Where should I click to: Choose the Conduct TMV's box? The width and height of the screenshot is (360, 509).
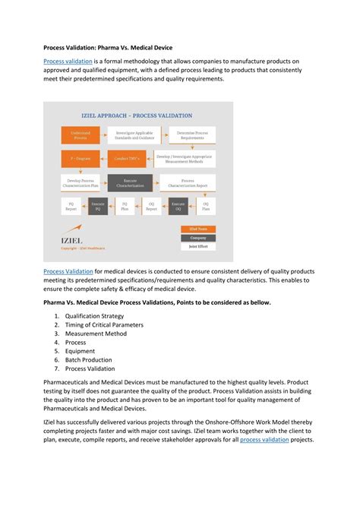(x=127, y=159)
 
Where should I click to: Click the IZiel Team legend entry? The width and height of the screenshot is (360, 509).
(x=197, y=229)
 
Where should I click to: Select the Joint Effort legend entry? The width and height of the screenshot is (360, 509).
(x=197, y=246)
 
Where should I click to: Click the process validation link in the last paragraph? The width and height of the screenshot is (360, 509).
(x=264, y=440)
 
